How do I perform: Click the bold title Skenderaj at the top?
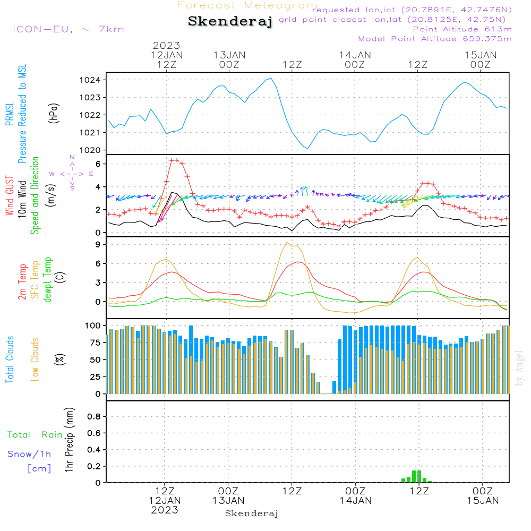230,22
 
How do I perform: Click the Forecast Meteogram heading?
247,5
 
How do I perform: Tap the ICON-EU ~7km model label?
68,29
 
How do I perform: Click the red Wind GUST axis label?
10,196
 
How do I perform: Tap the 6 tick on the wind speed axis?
98,164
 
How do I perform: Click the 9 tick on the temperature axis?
98,244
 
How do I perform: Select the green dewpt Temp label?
48,280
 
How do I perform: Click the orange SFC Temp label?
35,280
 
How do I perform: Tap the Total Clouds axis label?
10,359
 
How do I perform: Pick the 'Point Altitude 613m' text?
462,29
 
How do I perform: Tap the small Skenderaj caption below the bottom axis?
252,513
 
